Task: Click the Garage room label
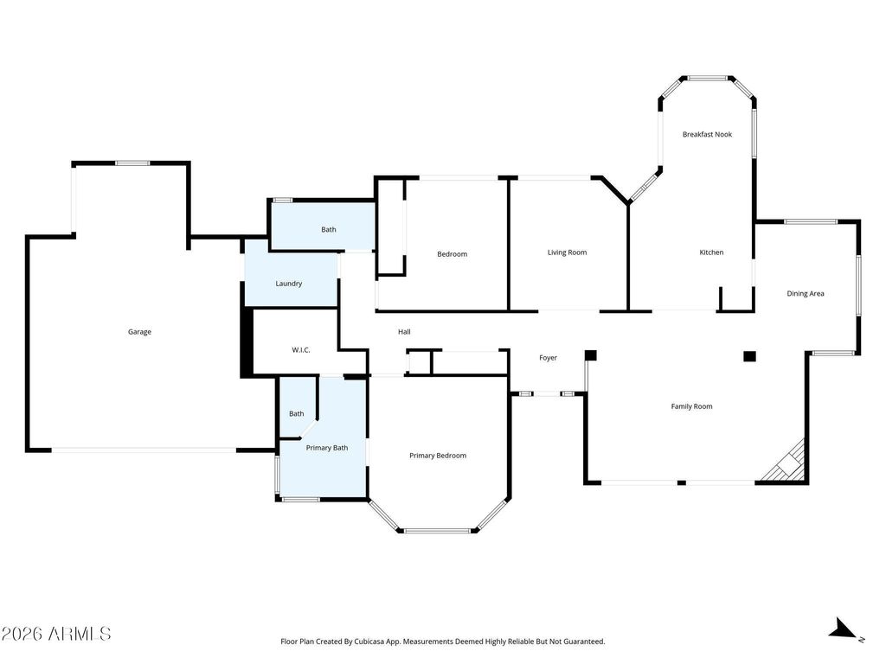(x=139, y=332)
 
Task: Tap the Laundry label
(x=288, y=284)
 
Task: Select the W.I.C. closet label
(x=300, y=349)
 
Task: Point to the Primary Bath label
(x=327, y=447)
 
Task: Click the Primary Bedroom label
(x=437, y=456)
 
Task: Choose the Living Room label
(x=567, y=252)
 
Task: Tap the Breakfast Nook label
(x=707, y=134)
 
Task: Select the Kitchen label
(x=711, y=252)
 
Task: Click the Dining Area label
(x=805, y=293)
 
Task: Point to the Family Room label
(x=691, y=406)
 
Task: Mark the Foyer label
(x=548, y=358)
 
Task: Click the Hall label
(x=404, y=332)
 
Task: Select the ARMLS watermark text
(x=56, y=634)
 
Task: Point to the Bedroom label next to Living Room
(x=452, y=254)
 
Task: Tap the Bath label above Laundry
(x=329, y=229)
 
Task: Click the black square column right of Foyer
(x=590, y=354)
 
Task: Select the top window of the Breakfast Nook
(x=707, y=78)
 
